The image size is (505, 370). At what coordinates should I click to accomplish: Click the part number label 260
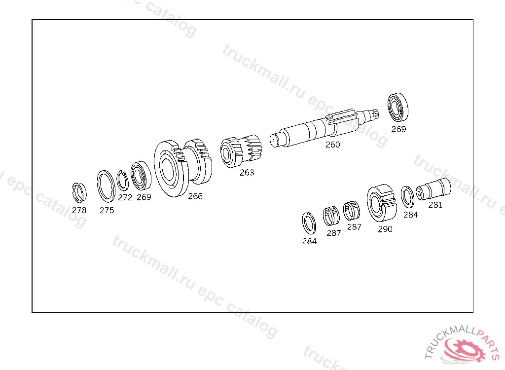click(x=332, y=145)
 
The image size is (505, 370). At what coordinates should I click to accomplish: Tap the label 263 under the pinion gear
click(x=247, y=173)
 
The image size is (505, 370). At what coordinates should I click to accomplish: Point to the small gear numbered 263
click(x=241, y=151)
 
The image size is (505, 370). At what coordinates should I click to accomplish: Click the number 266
click(x=195, y=196)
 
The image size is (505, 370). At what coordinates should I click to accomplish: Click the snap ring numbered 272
click(x=122, y=181)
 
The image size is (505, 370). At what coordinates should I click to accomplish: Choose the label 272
click(x=125, y=197)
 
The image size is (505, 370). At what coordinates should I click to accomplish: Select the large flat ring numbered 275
click(x=106, y=186)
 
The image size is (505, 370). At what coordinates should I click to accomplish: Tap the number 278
click(x=79, y=210)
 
